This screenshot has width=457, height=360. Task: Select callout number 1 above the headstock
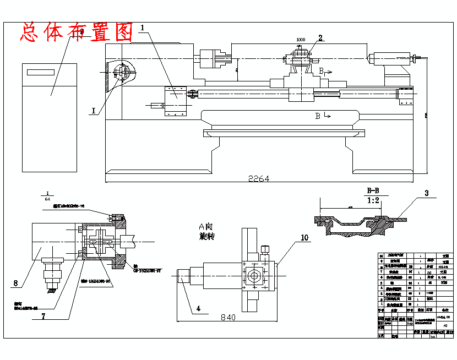(x=143, y=27)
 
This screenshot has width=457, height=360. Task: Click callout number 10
(x=304, y=238)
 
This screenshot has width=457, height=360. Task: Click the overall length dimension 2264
(x=259, y=178)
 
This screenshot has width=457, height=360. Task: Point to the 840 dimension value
(x=227, y=318)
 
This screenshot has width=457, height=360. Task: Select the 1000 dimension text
(x=301, y=40)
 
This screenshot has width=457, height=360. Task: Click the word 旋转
(x=206, y=237)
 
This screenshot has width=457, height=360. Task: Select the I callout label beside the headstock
(x=94, y=111)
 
